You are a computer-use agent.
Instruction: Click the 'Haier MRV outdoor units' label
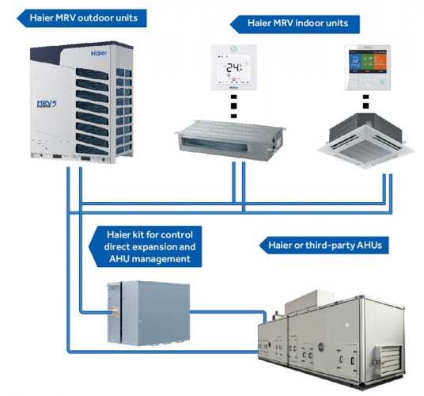78,15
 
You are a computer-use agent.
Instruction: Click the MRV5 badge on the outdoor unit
49,107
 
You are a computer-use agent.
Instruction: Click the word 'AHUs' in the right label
370,246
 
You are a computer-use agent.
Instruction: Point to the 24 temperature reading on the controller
233,67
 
